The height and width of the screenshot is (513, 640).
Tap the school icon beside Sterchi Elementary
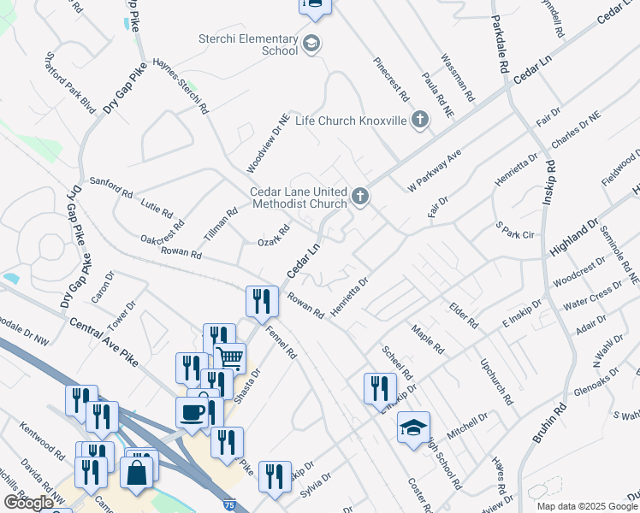311,43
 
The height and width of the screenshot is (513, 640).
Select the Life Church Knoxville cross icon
420,121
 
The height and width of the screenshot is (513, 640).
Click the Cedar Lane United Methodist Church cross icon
361,198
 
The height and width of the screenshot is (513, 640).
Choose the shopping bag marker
137,471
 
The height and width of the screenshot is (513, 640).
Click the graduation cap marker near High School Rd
413,427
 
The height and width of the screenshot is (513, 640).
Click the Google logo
28,503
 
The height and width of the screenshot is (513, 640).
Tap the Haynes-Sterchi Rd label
181,86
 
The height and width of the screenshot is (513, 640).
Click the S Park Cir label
514,230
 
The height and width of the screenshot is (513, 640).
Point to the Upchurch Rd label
496,381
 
